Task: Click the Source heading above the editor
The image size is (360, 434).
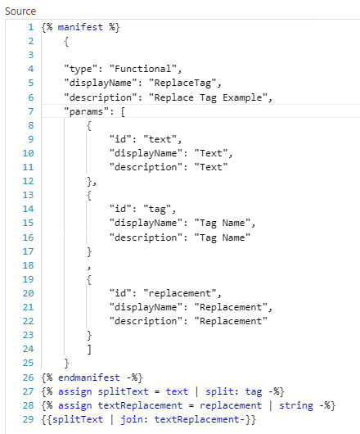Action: point(20,11)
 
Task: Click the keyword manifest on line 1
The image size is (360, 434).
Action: point(80,27)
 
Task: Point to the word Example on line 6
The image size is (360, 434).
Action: point(242,97)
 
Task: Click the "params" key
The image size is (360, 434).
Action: point(86,111)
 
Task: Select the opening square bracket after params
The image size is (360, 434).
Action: point(123,112)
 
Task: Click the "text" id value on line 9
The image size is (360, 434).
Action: point(160,139)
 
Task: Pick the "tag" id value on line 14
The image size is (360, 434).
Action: point(157,209)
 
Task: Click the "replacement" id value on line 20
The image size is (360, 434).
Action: point(180,293)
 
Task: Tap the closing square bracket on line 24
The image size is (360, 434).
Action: point(89,350)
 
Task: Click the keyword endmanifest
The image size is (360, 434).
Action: point(88,377)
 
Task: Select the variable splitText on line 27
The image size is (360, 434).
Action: point(123,391)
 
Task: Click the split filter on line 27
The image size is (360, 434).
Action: point(219,391)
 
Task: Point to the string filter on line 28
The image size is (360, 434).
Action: point(296,405)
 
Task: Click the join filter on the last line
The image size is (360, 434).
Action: point(132,419)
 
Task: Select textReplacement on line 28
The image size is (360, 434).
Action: point(140,405)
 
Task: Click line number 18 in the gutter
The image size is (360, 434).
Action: point(28,265)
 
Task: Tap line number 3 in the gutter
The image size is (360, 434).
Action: point(31,55)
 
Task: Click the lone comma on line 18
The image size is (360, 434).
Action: point(89,268)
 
